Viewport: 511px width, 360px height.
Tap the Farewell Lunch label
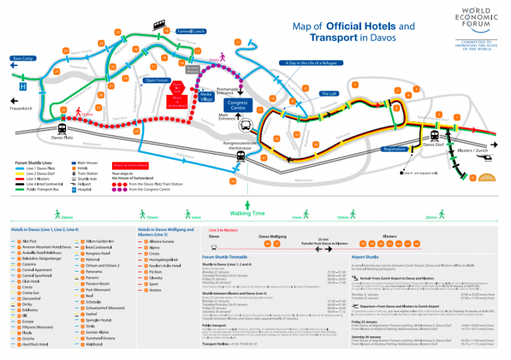pos(191,31)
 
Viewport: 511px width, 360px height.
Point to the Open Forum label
pos(156,81)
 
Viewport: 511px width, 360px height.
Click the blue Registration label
pos(394,149)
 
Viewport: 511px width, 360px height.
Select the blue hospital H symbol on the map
pos(23,86)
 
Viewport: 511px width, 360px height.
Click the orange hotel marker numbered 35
pos(473,177)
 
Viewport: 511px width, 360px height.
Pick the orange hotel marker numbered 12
pos(237,43)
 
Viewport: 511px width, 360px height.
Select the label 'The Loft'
pos(328,94)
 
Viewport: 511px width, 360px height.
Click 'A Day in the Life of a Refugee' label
pos(311,63)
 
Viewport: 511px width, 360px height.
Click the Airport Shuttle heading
pos(365,257)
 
